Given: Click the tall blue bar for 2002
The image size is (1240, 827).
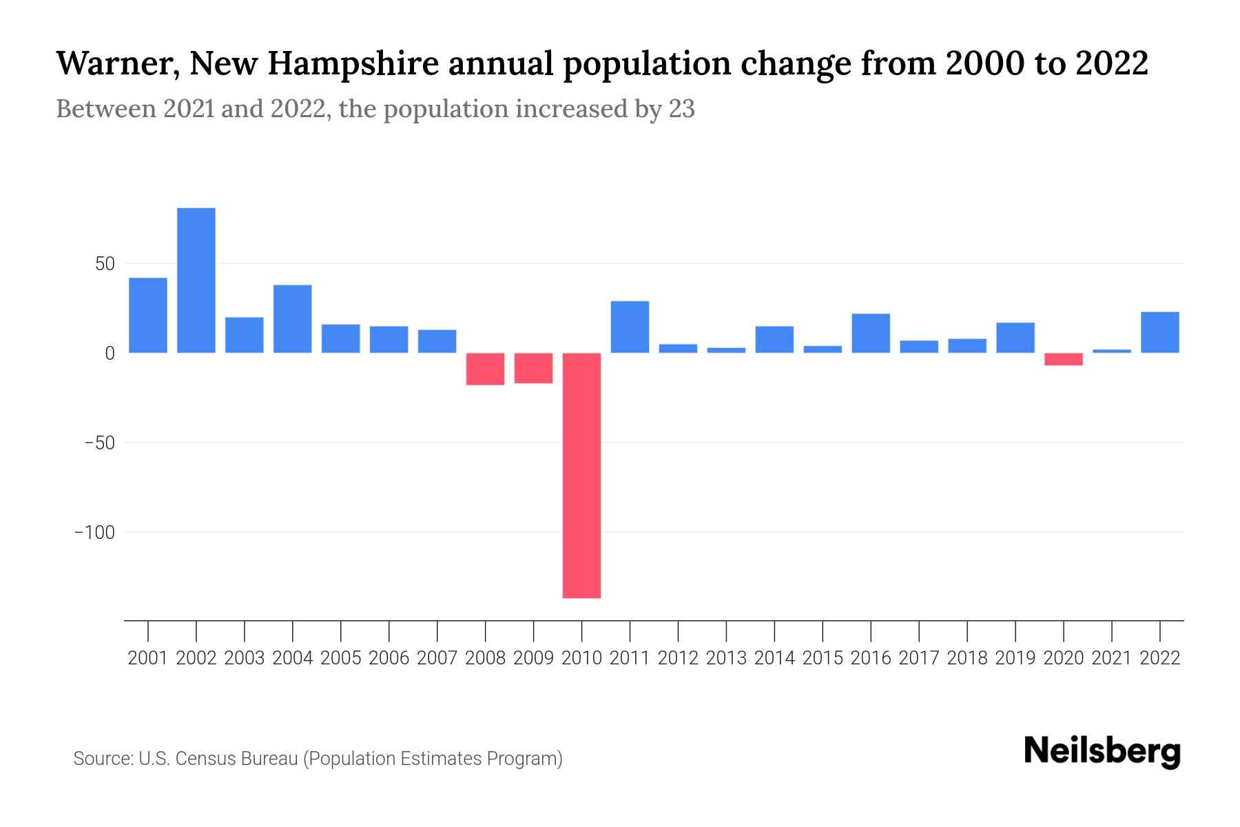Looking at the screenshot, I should (x=196, y=280).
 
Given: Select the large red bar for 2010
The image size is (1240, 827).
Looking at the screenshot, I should (x=581, y=476).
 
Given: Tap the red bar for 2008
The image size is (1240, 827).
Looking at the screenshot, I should (x=485, y=369).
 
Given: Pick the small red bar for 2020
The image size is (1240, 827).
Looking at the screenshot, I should (x=1064, y=359).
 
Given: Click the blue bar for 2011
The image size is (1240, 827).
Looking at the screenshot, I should (x=630, y=327).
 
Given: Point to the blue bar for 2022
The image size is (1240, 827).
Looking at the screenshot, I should (x=1160, y=332).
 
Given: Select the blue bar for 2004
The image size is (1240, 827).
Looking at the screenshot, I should (x=293, y=318).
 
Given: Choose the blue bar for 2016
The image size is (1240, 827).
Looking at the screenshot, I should (x=871, y=333).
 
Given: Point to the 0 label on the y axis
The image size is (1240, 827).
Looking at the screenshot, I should (x=109, y=354).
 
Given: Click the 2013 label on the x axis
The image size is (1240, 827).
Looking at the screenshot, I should (x=726, y=658).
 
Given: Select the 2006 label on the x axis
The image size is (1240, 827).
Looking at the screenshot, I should (x=389, y=658).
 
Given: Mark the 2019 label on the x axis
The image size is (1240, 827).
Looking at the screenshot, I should (x=1015, y=658).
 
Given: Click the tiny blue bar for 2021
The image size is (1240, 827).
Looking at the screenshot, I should (x=1112, y=351).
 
